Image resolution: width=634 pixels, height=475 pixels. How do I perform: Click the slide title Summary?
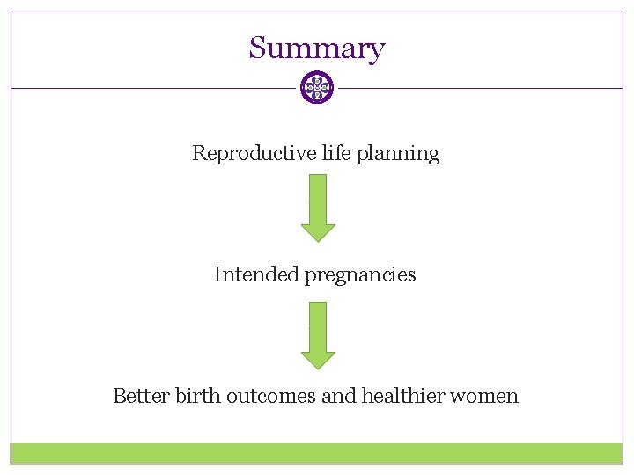[316, 47]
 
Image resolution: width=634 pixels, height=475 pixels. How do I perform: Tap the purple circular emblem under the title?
[317, 88]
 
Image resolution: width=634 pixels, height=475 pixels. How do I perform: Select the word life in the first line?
[335, 153]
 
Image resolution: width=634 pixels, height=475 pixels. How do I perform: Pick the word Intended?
[256, 274]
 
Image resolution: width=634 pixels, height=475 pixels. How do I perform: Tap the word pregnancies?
[360, 275]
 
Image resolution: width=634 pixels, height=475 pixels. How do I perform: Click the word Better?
[141, 396]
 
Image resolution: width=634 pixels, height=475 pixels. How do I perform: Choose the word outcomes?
[271, 396]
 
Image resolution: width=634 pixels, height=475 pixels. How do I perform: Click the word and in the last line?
[338, 396]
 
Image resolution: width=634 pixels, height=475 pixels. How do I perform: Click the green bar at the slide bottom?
[316, 453]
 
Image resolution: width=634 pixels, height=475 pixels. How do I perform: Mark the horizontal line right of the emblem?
[480, 88]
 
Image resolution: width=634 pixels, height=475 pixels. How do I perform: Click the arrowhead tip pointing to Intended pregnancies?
[318, 240]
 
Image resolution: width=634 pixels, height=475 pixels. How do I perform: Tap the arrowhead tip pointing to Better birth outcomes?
[318, 368]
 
